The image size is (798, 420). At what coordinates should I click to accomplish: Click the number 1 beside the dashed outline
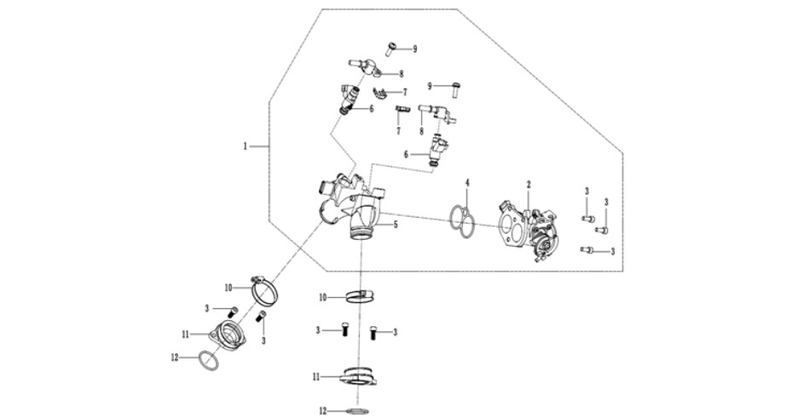click(x=245, y=146)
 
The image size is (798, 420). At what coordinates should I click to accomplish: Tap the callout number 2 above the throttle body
click(x=529, y=184)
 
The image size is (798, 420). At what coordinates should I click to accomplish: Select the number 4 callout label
click(x=467, y=183)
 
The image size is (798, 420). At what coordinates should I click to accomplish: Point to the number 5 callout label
click(x=395, y=225)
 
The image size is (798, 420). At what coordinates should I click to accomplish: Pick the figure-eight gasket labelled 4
click(x=463, y=221)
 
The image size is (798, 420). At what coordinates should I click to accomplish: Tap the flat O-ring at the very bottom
click(x=356, y=411)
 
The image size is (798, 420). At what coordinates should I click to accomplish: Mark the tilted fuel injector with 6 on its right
click(x=348, y=99)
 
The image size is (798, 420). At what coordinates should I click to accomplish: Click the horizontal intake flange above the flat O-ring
click(x=359, y=377)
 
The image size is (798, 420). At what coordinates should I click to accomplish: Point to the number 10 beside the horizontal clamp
click(x=322, y=298)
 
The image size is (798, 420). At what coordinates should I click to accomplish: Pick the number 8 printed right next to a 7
click(x=421, y=131)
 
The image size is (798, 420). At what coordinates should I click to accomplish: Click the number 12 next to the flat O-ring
click(x=322, y=411)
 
